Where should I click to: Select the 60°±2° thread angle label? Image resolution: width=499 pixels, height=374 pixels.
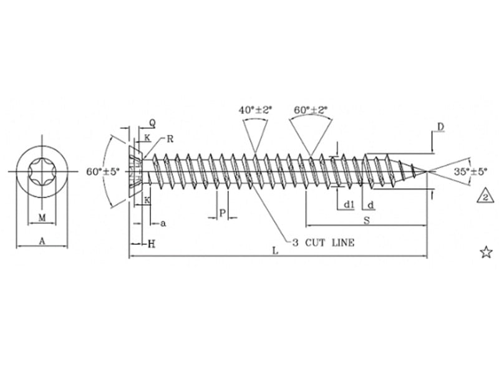311,110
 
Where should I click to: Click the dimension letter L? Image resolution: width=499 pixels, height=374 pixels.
275,250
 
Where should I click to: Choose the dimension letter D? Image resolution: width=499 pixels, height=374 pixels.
440,127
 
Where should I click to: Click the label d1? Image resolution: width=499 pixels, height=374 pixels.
349,204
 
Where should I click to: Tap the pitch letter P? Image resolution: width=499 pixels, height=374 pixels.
222,213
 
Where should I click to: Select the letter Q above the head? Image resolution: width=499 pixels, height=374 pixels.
152,123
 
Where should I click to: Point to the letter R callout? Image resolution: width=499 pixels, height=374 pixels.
170,138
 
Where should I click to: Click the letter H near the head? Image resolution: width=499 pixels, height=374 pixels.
151,244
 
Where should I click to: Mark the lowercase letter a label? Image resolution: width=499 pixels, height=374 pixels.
163,223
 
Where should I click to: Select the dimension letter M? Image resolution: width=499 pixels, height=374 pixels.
42,217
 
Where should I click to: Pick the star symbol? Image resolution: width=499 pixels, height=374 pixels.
486,252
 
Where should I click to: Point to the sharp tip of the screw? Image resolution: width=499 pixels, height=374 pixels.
427,170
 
